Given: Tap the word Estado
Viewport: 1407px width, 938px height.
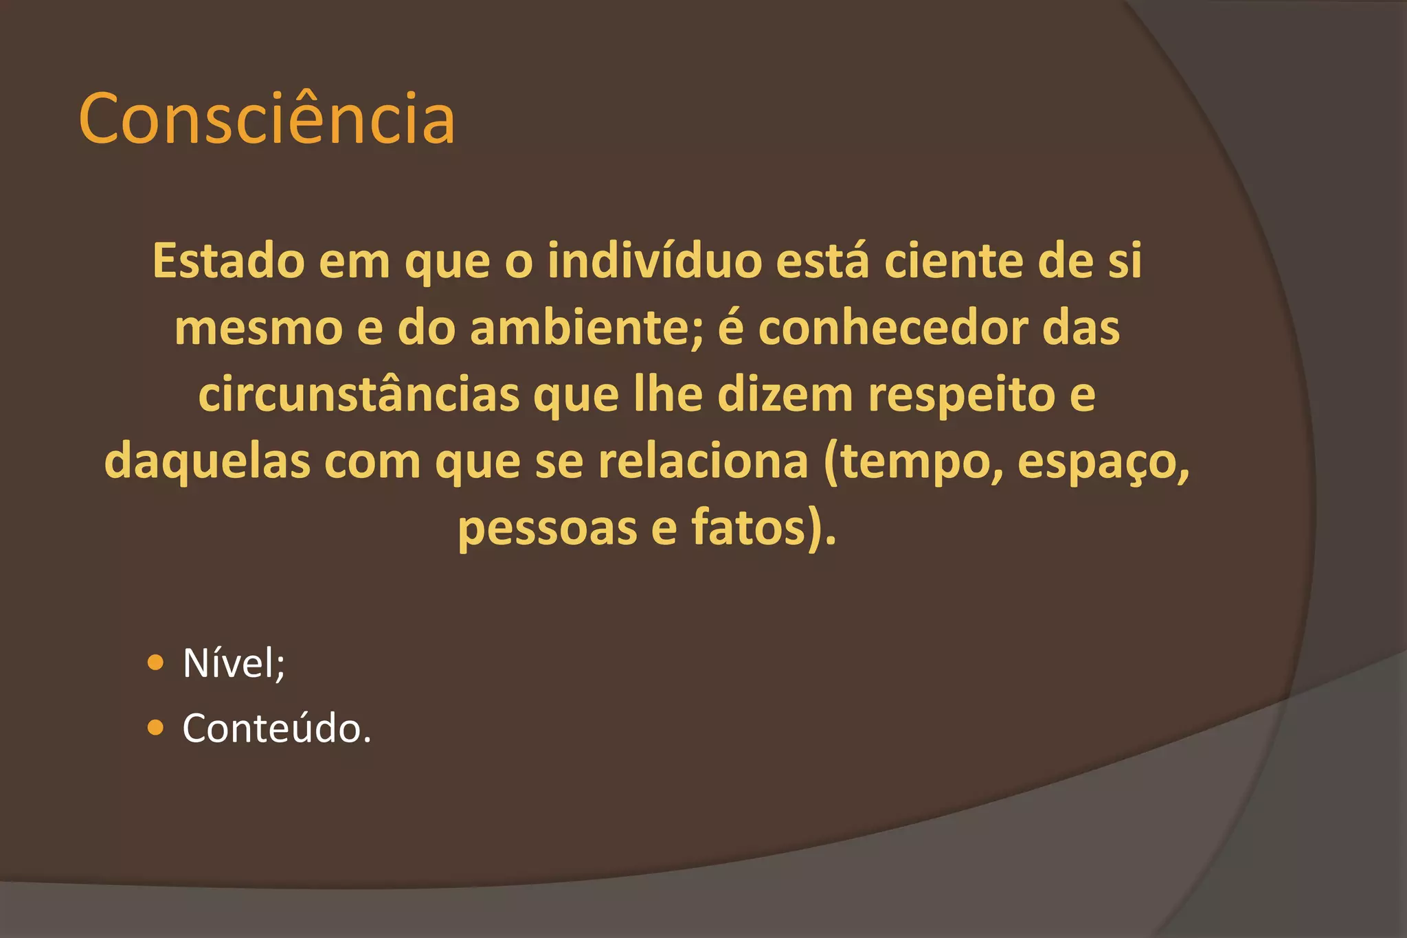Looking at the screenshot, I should point(228,261).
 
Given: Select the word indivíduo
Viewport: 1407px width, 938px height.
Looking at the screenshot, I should point(654,261).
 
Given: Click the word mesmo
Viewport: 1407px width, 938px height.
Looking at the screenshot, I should point(258,328).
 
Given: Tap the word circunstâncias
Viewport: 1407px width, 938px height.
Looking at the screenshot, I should point(359,395).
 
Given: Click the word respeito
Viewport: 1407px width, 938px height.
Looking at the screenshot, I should point(961,396).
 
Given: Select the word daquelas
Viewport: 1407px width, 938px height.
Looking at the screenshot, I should point(207,461).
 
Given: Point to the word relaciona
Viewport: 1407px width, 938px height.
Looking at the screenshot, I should point(703,461).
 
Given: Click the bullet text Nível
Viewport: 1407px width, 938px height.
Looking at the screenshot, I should point(232,663).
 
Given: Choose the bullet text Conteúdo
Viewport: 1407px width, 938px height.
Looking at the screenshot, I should point(275,728).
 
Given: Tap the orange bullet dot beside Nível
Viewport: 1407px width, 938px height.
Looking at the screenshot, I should point(156,663).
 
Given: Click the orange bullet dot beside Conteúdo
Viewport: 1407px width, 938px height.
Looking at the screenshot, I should point(156,727).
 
